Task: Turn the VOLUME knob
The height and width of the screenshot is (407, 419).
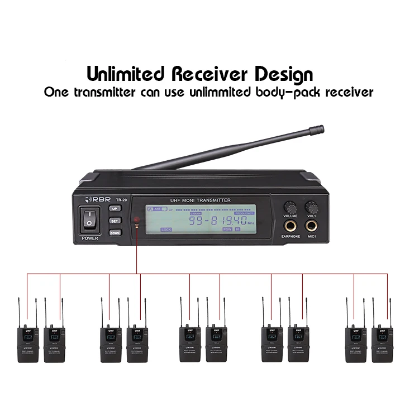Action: (x=290, y=205)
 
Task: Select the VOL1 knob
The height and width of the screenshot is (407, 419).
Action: (x=311, y=205)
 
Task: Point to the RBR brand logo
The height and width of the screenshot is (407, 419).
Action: (x=97, y=199)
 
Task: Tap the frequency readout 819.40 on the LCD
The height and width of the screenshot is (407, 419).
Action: (x=228, y=220)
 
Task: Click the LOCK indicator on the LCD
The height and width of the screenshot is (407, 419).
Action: (x=166, y=229)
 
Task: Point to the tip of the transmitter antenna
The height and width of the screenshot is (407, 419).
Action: (x=320, y=131)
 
